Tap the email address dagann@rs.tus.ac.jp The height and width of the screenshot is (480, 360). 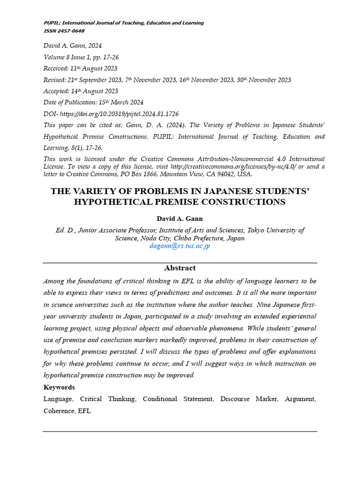[x=180, y=246]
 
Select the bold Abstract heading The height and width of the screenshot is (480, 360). [x=180, y=268]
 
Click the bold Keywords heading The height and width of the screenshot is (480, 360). [x=59, y=387]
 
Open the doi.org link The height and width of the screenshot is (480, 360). [x=119, y=114]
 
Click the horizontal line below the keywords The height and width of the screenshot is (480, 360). [x=180, y=431]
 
